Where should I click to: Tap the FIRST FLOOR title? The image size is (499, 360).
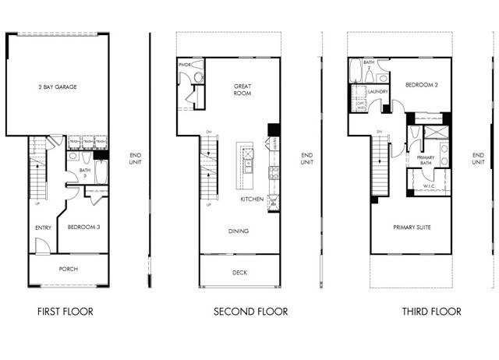pos(65,312)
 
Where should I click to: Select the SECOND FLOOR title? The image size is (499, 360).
pos(251,312)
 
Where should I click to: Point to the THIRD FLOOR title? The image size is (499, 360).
pos(431,312)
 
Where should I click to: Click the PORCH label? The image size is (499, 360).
pos(69,269)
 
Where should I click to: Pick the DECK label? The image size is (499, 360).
pos(240,273)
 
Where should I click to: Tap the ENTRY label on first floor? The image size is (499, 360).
pos(43,228)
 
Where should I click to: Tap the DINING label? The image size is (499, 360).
pos(238,231)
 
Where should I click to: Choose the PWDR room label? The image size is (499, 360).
pos(185,65)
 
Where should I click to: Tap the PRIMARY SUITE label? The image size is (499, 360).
pos(412,227)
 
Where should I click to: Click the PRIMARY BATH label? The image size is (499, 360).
pos(426,161)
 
